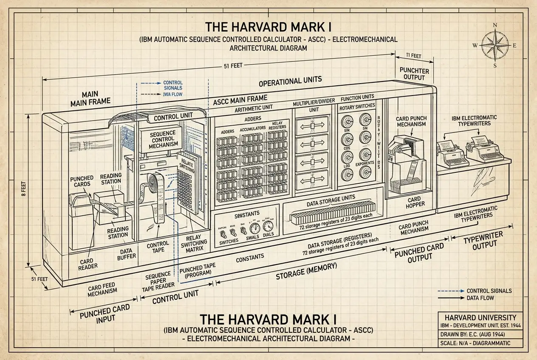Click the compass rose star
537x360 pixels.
(495, 45)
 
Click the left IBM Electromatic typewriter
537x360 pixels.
(452, 154)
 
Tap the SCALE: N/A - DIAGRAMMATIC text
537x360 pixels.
(475, 343)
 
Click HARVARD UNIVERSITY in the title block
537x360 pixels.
(480, 318)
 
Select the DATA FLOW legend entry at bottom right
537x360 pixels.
(482, 298)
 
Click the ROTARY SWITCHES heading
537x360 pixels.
(356, 108)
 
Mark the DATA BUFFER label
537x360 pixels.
(127, 253)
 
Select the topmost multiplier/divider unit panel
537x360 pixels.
(312, 126)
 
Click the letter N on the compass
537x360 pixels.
(495, 25)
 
